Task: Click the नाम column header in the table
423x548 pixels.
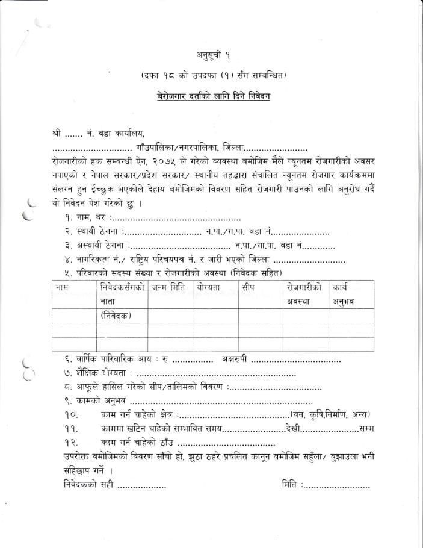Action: pos(62,288)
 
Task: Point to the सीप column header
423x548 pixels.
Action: pos(249,288)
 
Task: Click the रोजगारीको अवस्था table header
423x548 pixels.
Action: pos(304,294)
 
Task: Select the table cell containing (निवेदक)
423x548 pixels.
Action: pos(116,316)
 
